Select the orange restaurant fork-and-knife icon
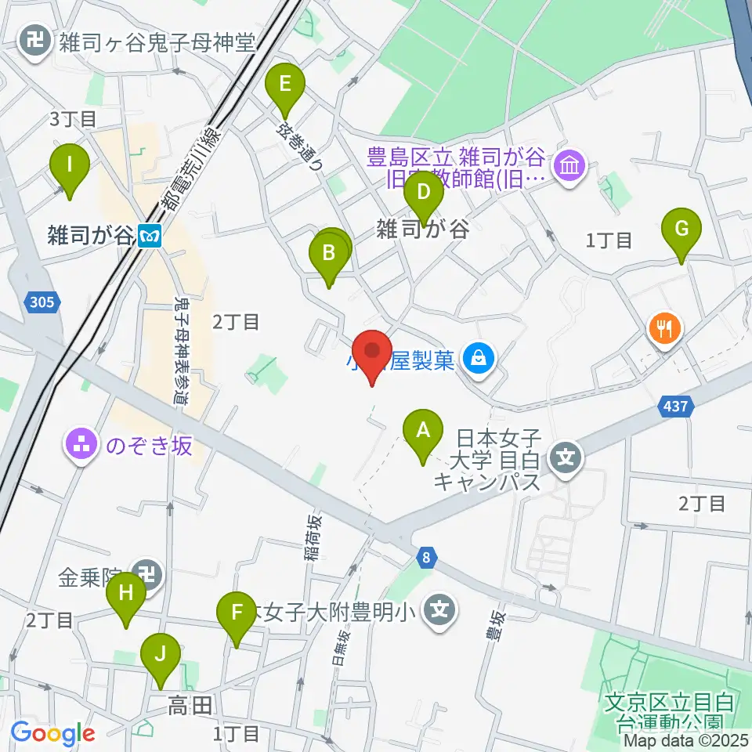click(665, 327)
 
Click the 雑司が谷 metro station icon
click(150, 235)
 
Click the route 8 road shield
click(425, 557)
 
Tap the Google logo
click(52, 734)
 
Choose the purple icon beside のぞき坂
click(81, 445)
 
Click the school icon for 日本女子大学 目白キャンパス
click(566, 454)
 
